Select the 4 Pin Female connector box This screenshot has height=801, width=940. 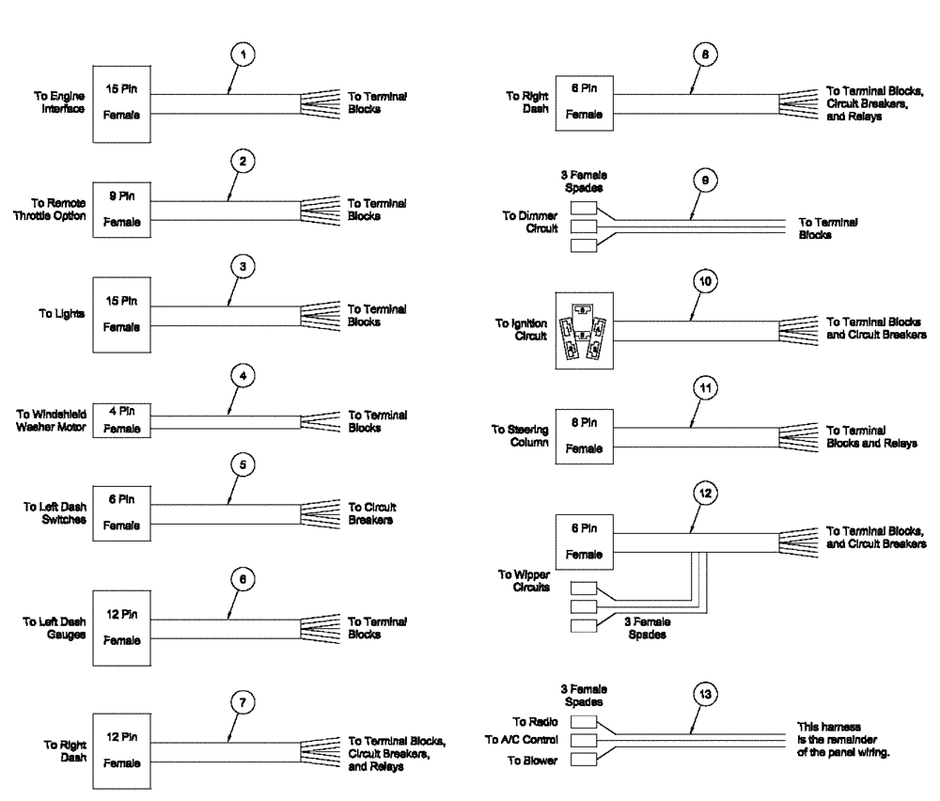point(120,419)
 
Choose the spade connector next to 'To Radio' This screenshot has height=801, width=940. point(584,722)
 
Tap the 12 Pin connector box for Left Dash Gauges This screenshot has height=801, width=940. point(120,630)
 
